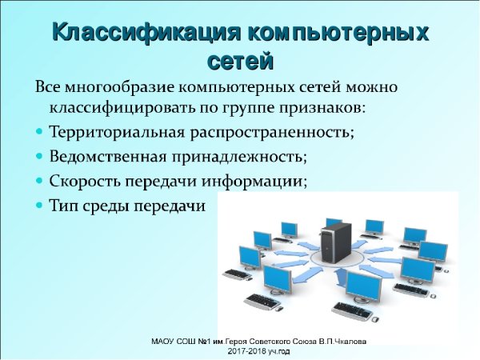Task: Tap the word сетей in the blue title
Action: [x=240, y=60]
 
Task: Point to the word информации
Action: [x=262, y=181]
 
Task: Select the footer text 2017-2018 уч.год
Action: [x=258, y=351]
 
